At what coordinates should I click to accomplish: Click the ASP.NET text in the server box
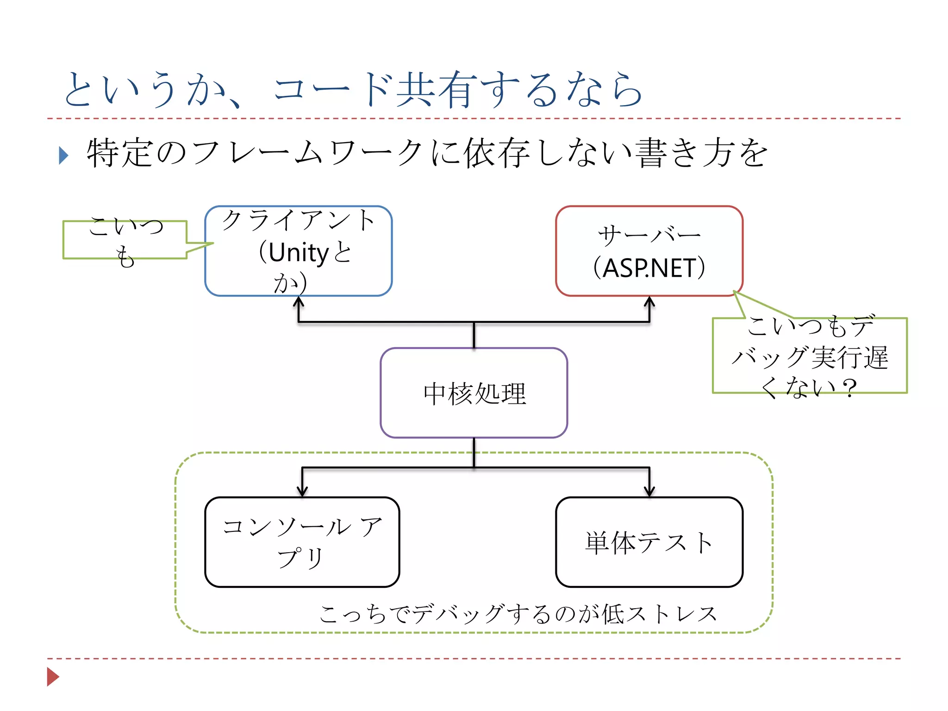click(649, 268)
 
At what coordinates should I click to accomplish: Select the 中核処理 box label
click(474, 394)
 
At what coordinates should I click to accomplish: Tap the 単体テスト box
click(649, 543)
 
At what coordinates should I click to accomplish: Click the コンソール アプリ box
click(302, 542)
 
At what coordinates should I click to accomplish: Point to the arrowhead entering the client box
click(299, 301)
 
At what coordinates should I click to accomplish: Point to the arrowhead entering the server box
click(649, 301)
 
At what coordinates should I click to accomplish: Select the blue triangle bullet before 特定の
click(64, 156)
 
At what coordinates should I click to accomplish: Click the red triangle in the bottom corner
click(53, 677)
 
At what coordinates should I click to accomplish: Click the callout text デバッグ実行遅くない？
click(810, 357)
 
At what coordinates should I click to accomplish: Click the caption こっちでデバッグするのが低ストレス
click(518, 614)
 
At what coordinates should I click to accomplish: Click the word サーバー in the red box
click(649, 237)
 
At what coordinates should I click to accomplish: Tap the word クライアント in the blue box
click(299, 221)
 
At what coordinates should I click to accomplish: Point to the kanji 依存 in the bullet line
click(497, 153)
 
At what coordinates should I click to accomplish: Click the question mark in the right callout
click(849, 388)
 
